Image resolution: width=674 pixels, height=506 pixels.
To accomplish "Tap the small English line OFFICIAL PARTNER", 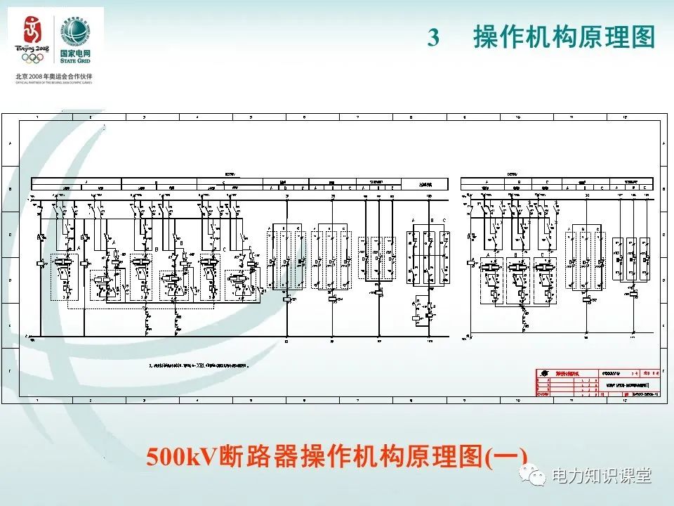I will [x=53, y=82].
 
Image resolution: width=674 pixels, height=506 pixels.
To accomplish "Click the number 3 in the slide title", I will [x=433, y=38].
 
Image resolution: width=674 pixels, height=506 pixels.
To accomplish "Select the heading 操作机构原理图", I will [x=564, y=37].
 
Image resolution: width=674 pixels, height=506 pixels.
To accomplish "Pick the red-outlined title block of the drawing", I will [x=597, y=384].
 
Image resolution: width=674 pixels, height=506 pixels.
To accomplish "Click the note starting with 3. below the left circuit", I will [x=199, y=365].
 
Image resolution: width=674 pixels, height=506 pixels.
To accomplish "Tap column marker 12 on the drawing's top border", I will [x=625, y=116].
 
